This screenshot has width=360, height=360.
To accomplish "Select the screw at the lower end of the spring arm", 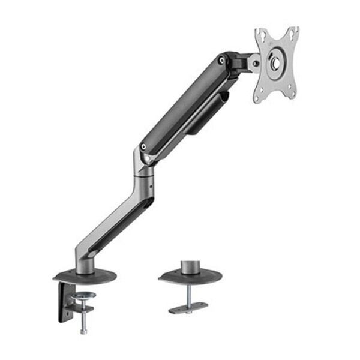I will pos(143,146).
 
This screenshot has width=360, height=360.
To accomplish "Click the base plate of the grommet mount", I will pos(190,276).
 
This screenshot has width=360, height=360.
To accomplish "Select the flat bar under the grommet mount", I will pos(188,308).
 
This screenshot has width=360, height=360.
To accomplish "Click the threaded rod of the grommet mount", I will pos(190,293).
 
